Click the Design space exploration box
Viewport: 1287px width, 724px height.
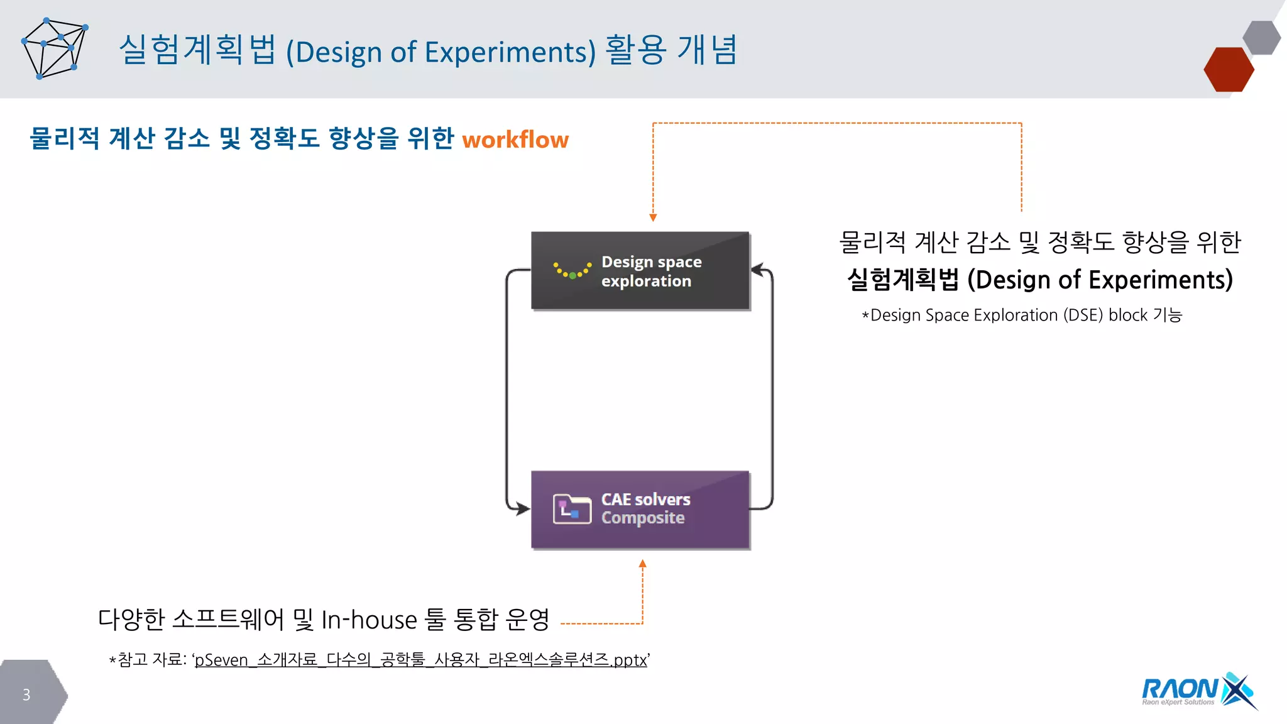click(x=640, y=271)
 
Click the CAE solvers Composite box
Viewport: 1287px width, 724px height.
click(x=640, y=509)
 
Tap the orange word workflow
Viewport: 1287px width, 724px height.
click(x=515, y=140)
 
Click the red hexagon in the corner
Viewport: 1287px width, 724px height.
click(x=1228, y=70)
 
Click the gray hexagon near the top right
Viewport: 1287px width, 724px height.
click(x=1261, y=38)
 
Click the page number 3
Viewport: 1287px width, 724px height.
click(x=26, y=694)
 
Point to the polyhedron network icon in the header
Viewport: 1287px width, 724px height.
click(x=55, y=49)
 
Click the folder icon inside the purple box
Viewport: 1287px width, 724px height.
click(x=572, y=509)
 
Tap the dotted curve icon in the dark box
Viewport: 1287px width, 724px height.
click(x=572, y=271)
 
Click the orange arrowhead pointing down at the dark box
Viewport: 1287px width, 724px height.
click(x=653, y=217)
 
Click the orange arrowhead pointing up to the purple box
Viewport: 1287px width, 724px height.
click(x=642, y=564)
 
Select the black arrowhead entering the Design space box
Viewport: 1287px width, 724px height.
click(x=757, y=270)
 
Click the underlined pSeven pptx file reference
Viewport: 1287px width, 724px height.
click(x=420, y=660)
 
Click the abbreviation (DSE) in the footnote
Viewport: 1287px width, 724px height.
click(x=1082, y=315)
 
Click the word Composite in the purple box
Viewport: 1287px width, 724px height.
click(x=642, y=518)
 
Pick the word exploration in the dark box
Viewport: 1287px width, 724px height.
click(x=646, y=281)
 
